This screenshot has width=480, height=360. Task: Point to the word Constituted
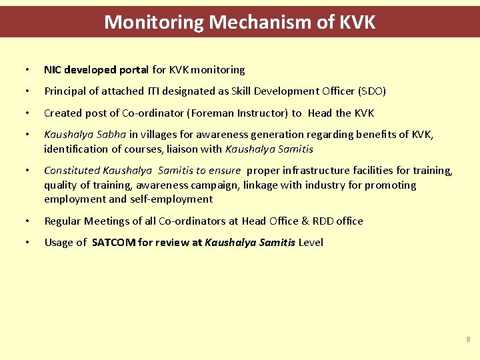(x=72, y=171)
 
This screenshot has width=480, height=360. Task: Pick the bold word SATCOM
(x=113, y=243)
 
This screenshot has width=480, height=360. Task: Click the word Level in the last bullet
(x=311, y=243)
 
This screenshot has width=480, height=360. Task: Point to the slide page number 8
(x=467, y=339)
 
